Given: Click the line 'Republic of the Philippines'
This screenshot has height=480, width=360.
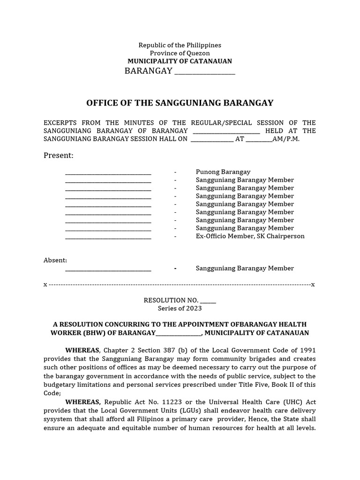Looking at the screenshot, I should coord(180,45).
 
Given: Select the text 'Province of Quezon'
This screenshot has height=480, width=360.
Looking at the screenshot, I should coord(180,53).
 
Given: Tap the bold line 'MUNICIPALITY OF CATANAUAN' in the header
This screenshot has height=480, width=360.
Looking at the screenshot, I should coord(180,61).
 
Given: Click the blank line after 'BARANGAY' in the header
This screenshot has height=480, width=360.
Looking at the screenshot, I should coord(204,72).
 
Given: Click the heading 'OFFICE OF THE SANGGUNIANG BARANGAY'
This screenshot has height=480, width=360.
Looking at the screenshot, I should coord(180,103).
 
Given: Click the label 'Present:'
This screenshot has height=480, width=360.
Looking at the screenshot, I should coord(59,156).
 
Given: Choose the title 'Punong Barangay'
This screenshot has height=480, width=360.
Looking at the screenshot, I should coord(223,172).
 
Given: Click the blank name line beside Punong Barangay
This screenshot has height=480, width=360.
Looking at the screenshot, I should coord(108,172).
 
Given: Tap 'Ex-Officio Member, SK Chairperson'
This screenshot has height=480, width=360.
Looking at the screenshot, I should coord(250,236).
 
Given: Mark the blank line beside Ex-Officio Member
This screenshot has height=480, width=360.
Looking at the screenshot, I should coord(108,237).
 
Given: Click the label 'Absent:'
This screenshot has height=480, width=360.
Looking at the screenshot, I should coord(55,260).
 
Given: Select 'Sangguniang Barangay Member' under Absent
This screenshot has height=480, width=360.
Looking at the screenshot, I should coord(245,269).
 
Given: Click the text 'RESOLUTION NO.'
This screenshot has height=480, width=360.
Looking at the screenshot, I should coord(171,300).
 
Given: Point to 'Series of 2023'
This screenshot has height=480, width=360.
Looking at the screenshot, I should coord(180,308).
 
